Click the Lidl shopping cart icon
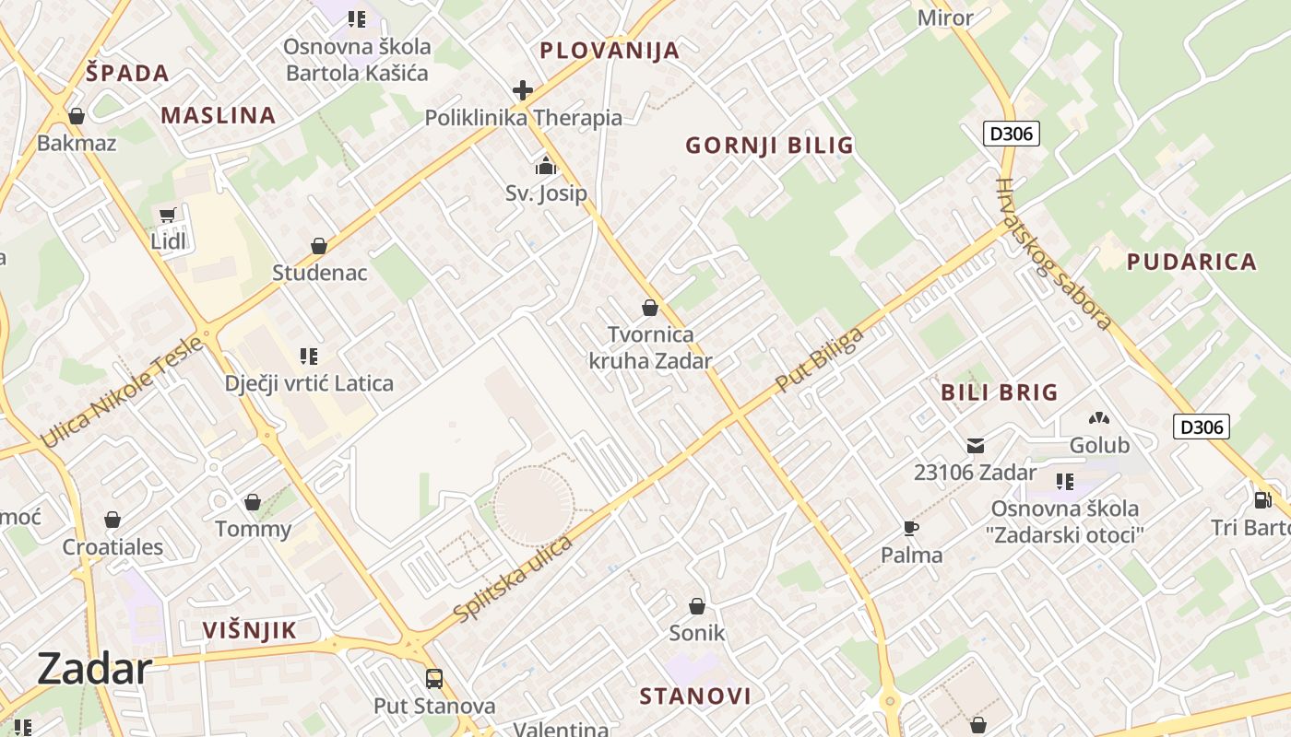coord(167,216)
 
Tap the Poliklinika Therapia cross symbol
coord(523,90)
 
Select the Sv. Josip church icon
coord(546,167)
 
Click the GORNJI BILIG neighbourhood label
coord(770,146)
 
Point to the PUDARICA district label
coord(1191,262)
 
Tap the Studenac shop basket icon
coord(319,246)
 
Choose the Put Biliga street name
coord(821,359)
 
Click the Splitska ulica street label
coord(514,578)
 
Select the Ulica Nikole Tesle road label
coord(122,392)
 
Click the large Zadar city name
coord(94,669)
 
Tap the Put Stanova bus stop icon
coord(433,679)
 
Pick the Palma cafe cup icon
coord(911,528)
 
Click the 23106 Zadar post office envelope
coord(975,446)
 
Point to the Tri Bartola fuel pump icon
coord(1262,500)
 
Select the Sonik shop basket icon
coord(697,606)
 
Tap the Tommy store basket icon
coord(253,502)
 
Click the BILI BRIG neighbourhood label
coord(1000,392)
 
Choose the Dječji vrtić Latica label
coord(309,383)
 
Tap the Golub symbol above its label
coord(1099,418)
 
